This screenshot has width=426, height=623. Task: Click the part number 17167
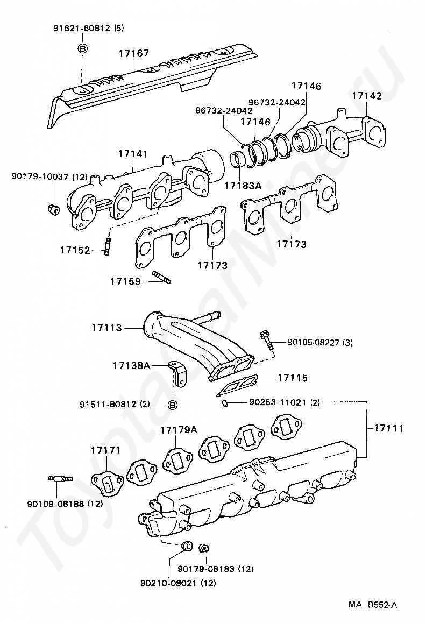click(x=134, y=53)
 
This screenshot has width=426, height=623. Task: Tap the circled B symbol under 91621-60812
click(x=82, y=48)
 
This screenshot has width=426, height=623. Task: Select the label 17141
click(x=132, y=154)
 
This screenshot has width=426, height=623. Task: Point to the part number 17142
click(x=367, y=96)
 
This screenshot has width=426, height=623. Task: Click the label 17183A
click(x=243, y=186)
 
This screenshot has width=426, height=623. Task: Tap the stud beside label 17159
click(x=161, y=278)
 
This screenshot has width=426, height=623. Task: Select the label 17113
click(x=106, y=327)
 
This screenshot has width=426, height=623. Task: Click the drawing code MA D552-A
click(x=372, y=605)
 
